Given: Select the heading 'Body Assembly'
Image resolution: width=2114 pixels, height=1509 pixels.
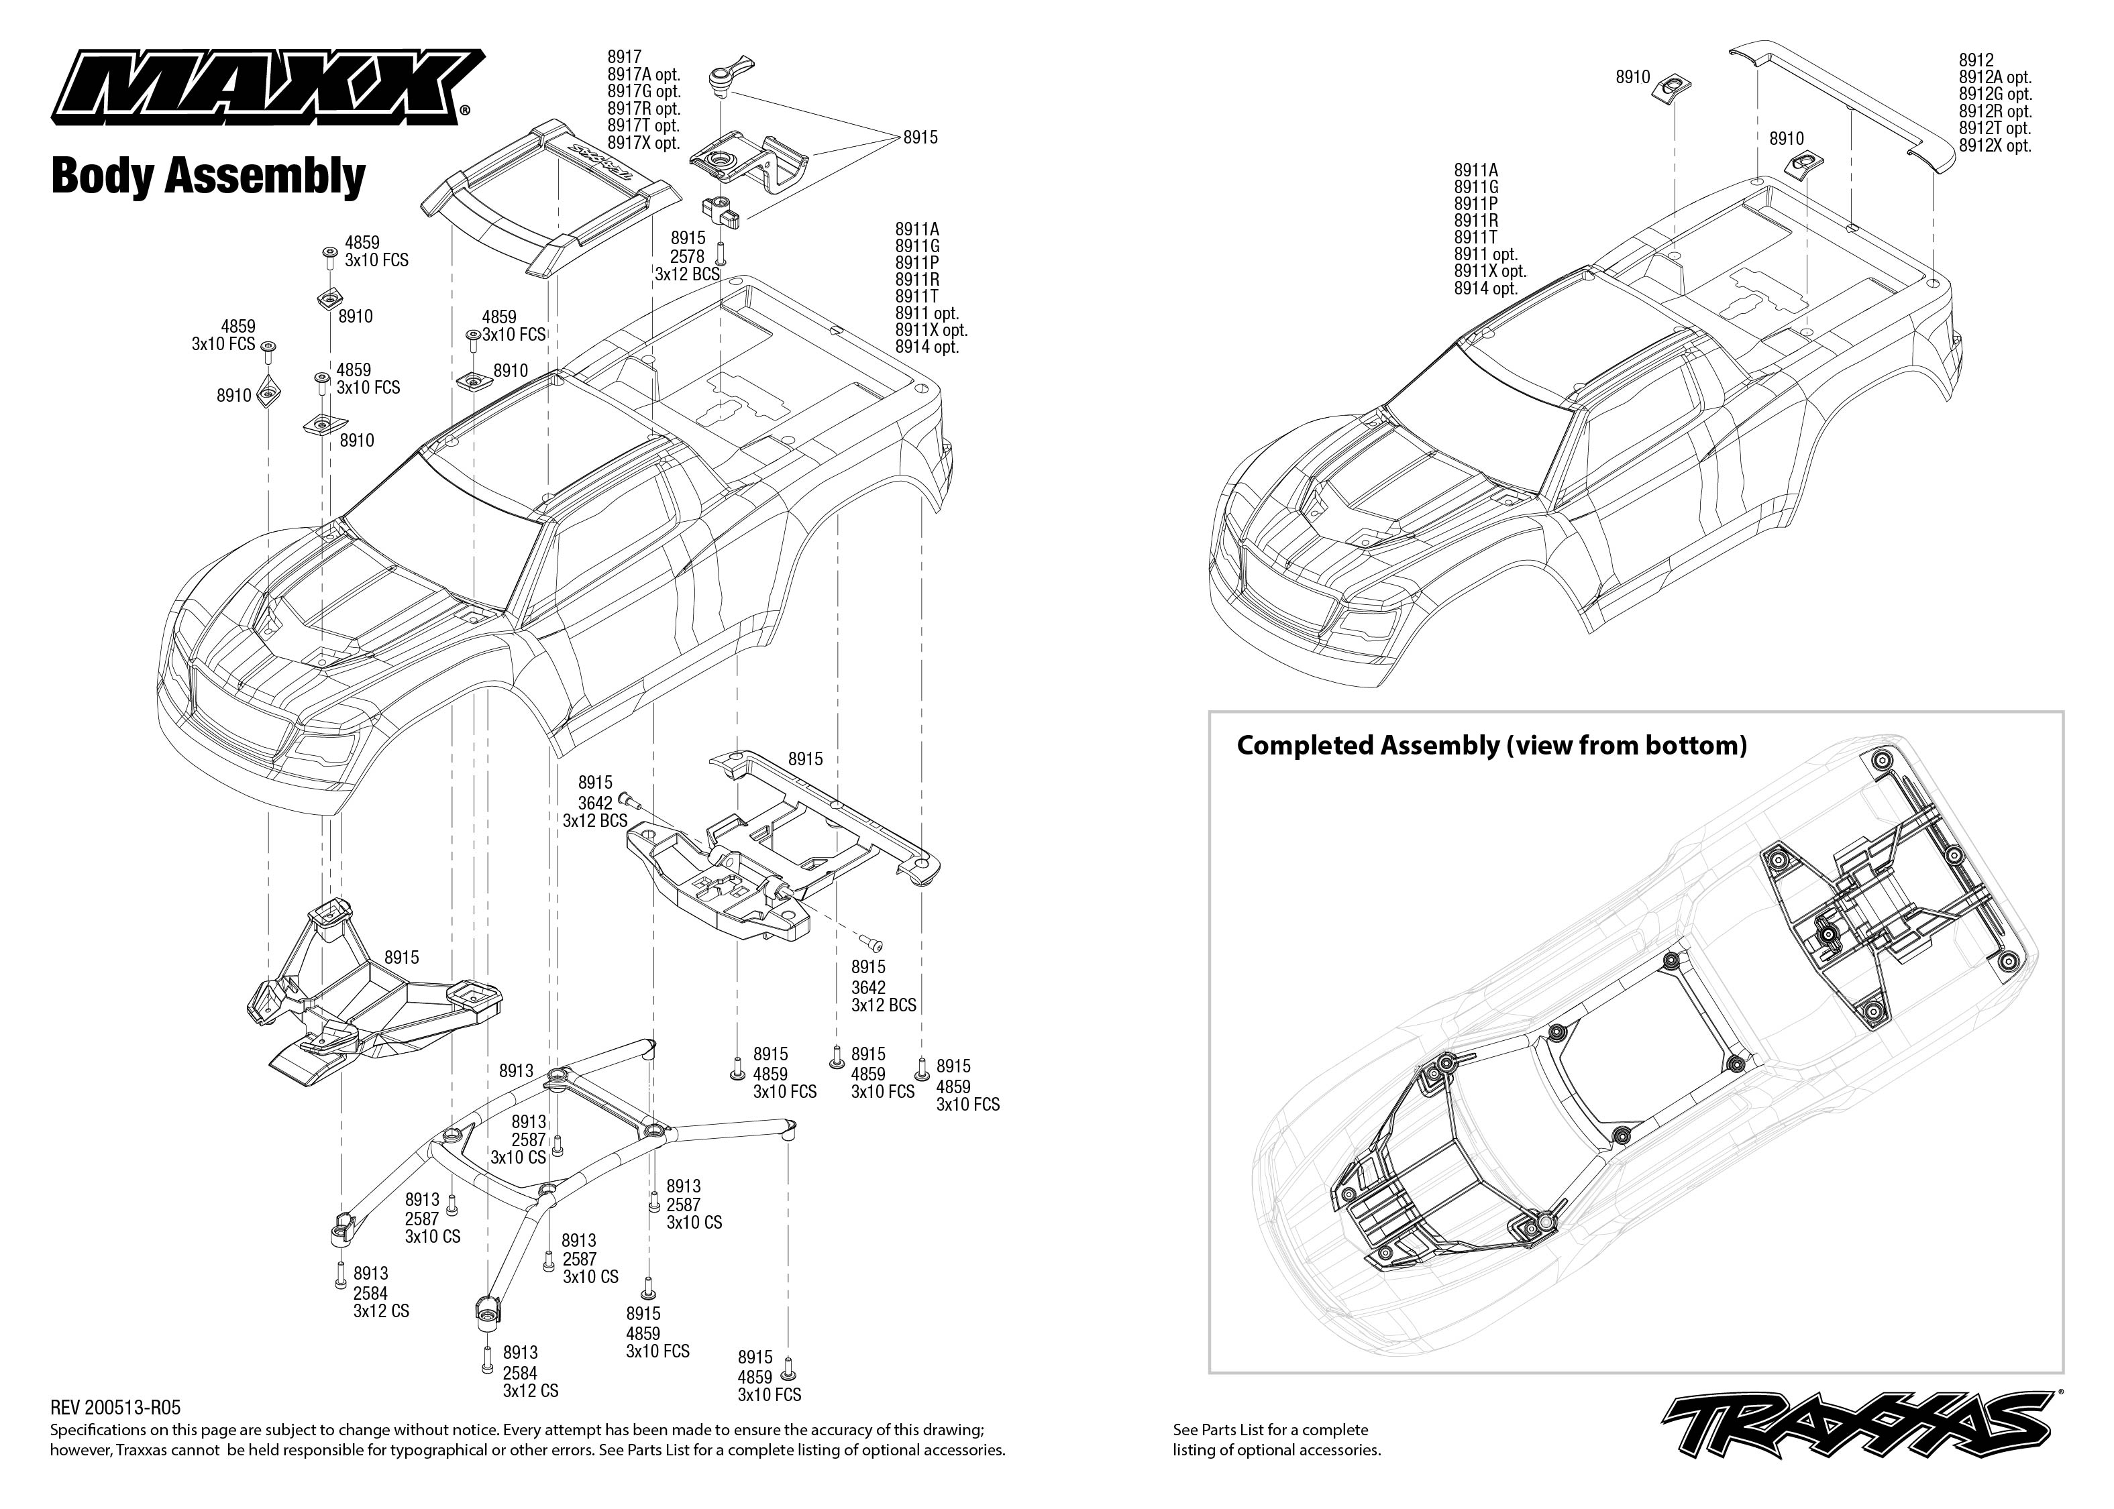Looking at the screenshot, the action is (x=208, y=176).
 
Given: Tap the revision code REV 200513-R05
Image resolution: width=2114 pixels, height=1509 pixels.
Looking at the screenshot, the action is (x=115, y=1408).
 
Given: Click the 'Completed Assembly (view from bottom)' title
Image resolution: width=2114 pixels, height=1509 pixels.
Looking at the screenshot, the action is (x=1491, y=745).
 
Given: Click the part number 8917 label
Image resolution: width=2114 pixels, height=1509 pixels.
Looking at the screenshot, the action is (x=625, y=58).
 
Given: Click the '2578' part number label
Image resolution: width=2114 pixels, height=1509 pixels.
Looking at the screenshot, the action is (x=687, y=256).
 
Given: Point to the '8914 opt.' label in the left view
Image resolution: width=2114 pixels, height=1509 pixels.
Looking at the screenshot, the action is (x=927, y=347).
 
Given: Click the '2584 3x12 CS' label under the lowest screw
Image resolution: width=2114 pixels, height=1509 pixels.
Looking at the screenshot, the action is (x=531, y=1382).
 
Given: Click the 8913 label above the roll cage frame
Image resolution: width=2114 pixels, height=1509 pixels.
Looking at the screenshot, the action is (x=516, y=1070).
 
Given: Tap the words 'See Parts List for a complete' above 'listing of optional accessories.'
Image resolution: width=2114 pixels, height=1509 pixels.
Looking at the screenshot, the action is (x=1270, y=1430).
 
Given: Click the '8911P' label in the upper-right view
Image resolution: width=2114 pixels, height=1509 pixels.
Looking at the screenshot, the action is (x=1475, y=203).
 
